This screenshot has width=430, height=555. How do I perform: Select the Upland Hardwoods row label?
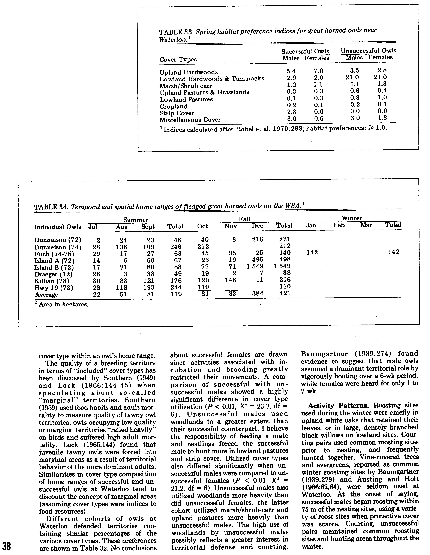pos(189,72)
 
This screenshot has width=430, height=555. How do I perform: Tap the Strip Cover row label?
pos(177,113)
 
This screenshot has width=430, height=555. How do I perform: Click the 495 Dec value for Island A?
pos(258,259)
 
